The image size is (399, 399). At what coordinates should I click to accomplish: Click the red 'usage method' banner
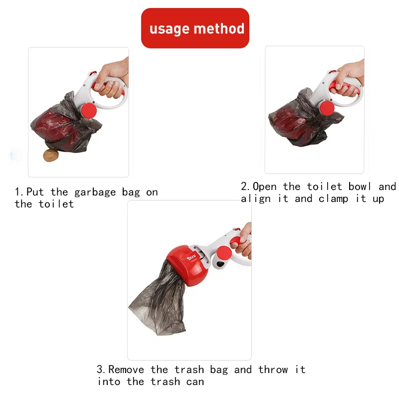(x=195, y=28)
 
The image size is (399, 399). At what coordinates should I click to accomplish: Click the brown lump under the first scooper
(x=51, y=156)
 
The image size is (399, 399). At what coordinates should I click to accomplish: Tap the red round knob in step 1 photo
(x=88, y=110)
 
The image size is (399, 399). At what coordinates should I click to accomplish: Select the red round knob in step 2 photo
(x=327, y=108)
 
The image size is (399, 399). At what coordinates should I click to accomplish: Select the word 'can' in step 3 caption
(x=195, y=382)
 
